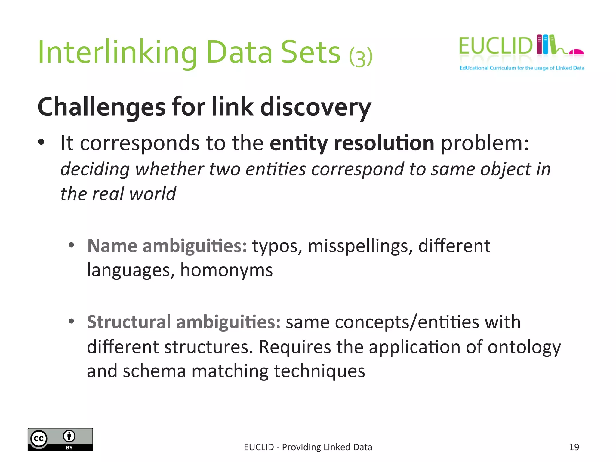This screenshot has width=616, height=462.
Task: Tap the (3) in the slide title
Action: (361, 57)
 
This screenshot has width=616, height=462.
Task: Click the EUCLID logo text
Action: (495, 46)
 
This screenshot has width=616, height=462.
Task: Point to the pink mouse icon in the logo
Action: (577, 52)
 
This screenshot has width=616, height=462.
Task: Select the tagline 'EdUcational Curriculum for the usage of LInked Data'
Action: (522, 68)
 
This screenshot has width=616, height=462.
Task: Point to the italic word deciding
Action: (95, 169)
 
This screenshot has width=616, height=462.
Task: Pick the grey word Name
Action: (112, 246)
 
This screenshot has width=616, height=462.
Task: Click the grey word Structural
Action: (129, 322)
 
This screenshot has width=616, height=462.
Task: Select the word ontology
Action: (524, 347)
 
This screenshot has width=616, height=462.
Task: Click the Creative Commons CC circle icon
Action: (39, 439)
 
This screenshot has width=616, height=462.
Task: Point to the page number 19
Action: (574, 447)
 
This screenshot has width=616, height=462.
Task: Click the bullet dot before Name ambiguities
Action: (71, 245)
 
